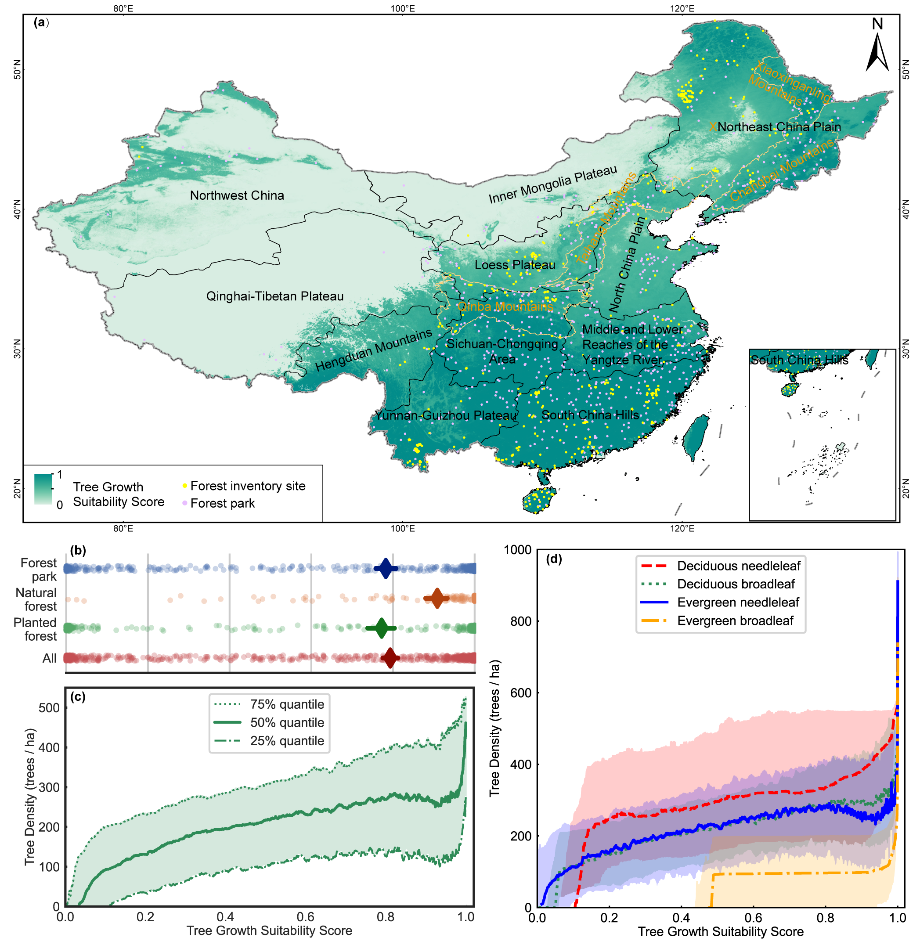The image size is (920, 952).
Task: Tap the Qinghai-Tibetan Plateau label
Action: (x=274, y=296)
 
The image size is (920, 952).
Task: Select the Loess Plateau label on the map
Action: (x=514, y=265)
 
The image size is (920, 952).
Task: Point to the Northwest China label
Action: (x=237, y=195)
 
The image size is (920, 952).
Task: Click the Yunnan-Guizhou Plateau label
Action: (x=445, y=415)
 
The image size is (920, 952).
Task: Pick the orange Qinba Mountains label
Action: (x=505, y=307)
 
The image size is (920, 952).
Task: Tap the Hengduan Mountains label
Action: (x=374, y=350)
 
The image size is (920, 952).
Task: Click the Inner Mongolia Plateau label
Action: (x=553, y=184)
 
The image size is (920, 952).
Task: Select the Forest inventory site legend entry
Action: (x=247, y=486)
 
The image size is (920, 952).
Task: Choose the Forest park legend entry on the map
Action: (x=222, y=503)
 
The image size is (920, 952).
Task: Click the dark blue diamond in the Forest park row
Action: (x=386, y=568)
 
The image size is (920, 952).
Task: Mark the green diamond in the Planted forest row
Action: (x=381, y=628)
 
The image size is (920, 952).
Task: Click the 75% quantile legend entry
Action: (x=287, y=704)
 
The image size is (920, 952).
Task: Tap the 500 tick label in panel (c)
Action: (x=49, y=708)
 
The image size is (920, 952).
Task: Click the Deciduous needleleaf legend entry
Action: (x=738, y=566)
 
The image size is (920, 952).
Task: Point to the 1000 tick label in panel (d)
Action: (x=518, y=550)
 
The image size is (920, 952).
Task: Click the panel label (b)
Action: (x=78, y=550)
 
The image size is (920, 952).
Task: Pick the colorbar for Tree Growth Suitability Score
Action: (x=43, y=489)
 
